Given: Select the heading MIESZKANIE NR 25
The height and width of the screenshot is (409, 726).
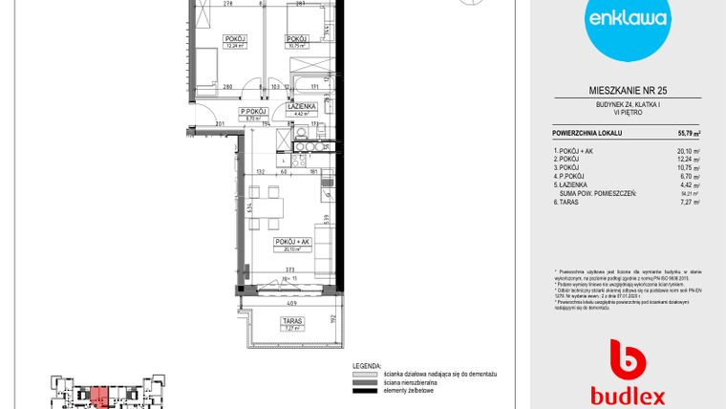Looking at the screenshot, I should [628, 90].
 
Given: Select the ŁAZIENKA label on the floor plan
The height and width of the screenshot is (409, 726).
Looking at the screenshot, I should [302, 107].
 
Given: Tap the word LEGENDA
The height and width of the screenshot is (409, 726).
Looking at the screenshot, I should [364, 366].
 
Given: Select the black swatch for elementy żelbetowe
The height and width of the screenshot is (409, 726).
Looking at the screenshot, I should [364, 390].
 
